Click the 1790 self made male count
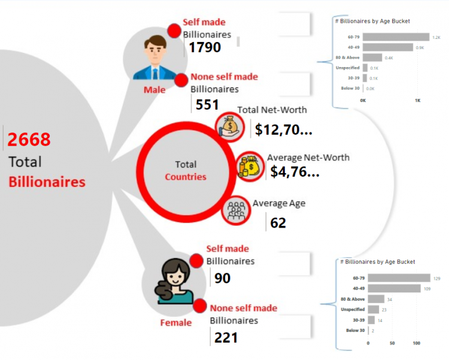pos(205,47)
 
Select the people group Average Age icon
pos(236,210)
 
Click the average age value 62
pos(278,223)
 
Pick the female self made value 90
pos(222,278)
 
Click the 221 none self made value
pos(226,338)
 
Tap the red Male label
pos(154,90)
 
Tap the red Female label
pos(176,323)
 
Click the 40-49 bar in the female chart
pos(394,288)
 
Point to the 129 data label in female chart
pos(436,279)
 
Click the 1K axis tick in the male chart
pos(417,101)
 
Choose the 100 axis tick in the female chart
pos(416,343)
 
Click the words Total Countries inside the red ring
pos(186,171)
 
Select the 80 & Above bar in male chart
pos(372,58)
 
